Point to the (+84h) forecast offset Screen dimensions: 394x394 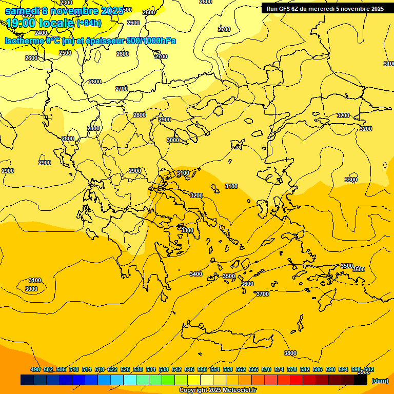click(89, 23)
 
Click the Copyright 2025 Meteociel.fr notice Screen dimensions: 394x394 click(218, 390)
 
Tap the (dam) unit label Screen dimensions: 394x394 click(380, 381)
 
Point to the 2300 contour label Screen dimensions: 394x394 click(66, 3)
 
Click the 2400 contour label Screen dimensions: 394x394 click(41, 33)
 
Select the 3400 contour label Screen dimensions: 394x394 click(196, 274)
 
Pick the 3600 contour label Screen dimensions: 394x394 click(247, 284)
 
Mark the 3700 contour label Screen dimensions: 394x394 click(263, 294)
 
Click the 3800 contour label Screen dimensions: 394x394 click(290, 353)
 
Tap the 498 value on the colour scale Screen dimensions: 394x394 click(35, 369)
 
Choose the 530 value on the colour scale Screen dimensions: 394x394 click(138, 369)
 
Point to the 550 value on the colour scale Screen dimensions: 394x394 click(202, 369)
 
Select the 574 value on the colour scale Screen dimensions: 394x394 click(279, 369)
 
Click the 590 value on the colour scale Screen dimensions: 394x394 click(330, 369)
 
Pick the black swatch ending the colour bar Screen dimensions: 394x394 click(361, 380)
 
